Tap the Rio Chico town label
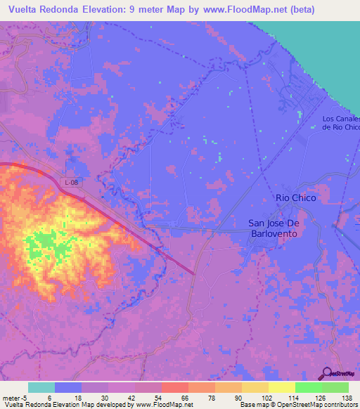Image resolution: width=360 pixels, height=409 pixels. coord(296,198)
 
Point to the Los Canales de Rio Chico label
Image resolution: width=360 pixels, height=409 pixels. coord(341,123)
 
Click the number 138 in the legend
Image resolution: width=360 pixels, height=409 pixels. coord(347,397)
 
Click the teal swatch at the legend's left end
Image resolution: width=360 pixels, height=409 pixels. coord(41,387)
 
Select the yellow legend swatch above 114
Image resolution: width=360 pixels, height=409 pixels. coord(281,387)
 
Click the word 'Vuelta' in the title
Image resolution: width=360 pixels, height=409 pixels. coord(24,10)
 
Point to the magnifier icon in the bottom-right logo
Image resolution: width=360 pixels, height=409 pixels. coord(327,372)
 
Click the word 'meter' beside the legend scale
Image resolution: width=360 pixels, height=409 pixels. coord(11,397)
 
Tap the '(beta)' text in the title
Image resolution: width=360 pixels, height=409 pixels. coord(298,10)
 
